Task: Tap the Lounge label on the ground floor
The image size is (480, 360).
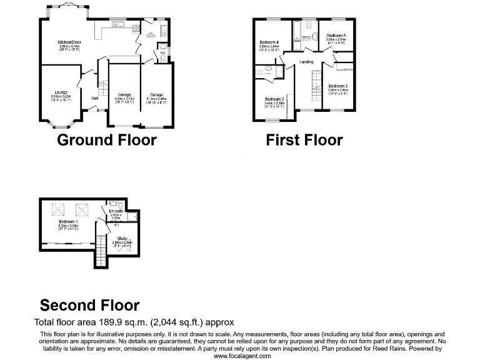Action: click(x=61, y=91)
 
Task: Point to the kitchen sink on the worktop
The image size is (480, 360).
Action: click(x=117, y=26)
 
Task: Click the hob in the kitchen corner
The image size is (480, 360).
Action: click(x=100, y=30)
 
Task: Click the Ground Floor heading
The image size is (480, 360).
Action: click(x=106, y=139)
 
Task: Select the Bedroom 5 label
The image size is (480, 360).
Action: click(x=336, y=36)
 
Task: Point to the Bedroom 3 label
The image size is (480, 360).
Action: click(x=337, y=85)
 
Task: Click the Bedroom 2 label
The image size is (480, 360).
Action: click(x=274, y=99)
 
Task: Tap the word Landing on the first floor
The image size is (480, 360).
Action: click(x=306, y=62)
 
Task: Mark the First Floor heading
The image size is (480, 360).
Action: click(x=304, y=139)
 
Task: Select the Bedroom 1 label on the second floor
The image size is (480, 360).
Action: click(x=68, y=222)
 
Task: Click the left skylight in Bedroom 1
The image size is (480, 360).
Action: click(x=54, y=209)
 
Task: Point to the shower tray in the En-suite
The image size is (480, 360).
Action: click(x=114, y=204)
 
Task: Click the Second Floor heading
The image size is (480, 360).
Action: click(x=89, y=305)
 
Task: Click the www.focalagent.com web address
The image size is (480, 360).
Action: click(x=242, y=356)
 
